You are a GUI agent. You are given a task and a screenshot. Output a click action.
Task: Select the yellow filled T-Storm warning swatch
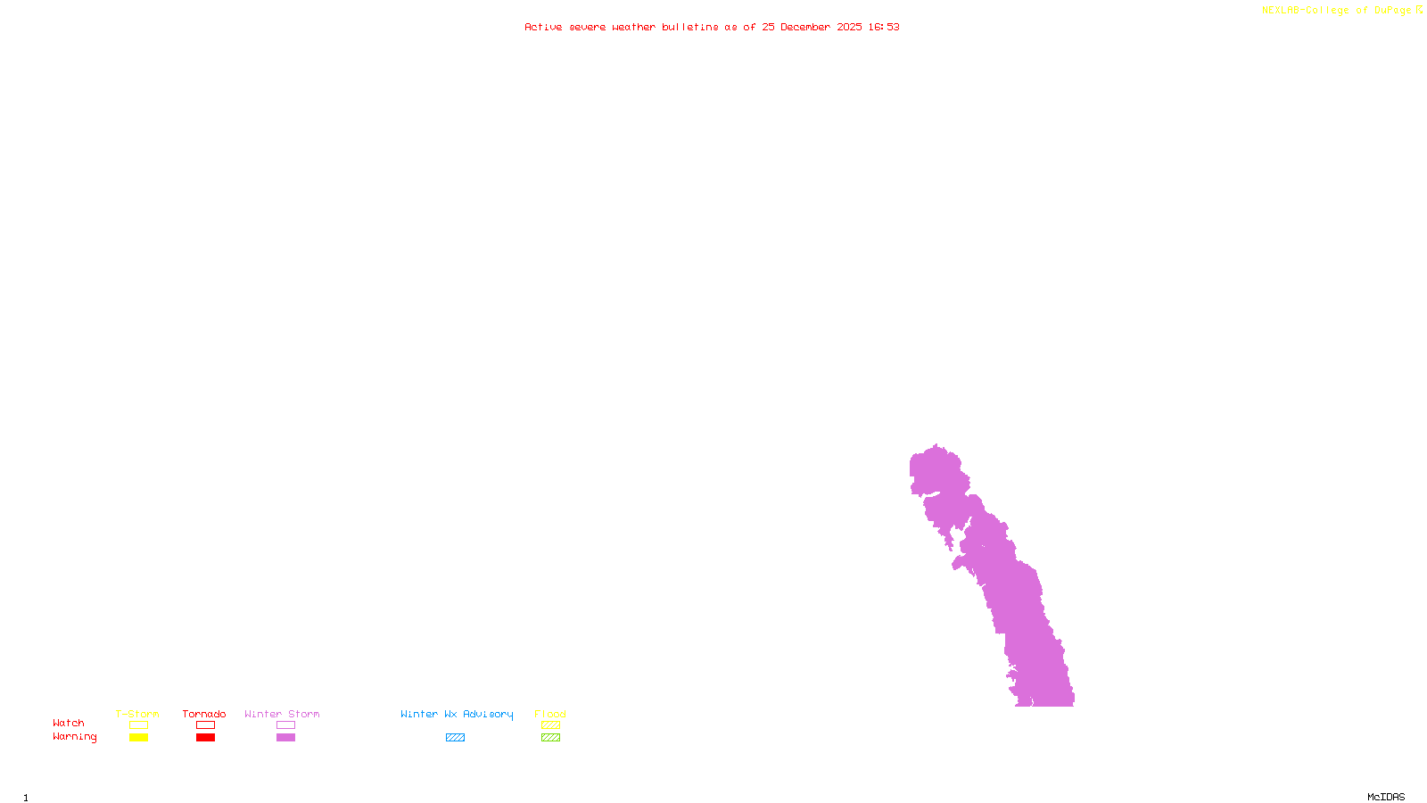click(x=138, y=738)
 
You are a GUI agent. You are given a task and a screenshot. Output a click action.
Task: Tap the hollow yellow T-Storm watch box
click(x=138, y=725)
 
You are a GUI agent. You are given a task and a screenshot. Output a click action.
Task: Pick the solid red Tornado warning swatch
click(x=205, y=738)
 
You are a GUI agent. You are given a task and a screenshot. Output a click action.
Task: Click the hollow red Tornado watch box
click(x=205, y=725)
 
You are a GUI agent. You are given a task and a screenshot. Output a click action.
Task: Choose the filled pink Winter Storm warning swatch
click(x=285, y=738)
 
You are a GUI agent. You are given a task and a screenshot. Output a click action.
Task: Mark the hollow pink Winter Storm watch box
click(x=285, y=725)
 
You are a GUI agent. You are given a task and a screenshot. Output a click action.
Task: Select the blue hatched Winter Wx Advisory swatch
click(x=455, y=738)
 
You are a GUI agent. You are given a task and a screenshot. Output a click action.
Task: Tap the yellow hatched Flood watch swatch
click(x=550, y=725)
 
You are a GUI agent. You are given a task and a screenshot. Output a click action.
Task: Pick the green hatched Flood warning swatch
click(x=550, y=738)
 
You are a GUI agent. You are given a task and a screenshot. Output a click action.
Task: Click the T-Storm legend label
click(x=137, y=714)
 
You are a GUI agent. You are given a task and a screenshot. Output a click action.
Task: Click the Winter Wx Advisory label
click(x=457, y=714)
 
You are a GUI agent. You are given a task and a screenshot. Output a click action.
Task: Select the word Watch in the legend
click(x=69, y=724)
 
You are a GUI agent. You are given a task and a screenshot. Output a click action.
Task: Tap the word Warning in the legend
click(x=74, y=737)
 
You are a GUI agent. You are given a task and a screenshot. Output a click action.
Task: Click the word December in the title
click(x=805, y=27)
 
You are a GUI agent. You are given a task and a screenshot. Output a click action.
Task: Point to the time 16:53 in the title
click(x=884, y=27)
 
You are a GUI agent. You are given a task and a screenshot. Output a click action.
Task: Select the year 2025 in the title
click(x=849, y=27)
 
